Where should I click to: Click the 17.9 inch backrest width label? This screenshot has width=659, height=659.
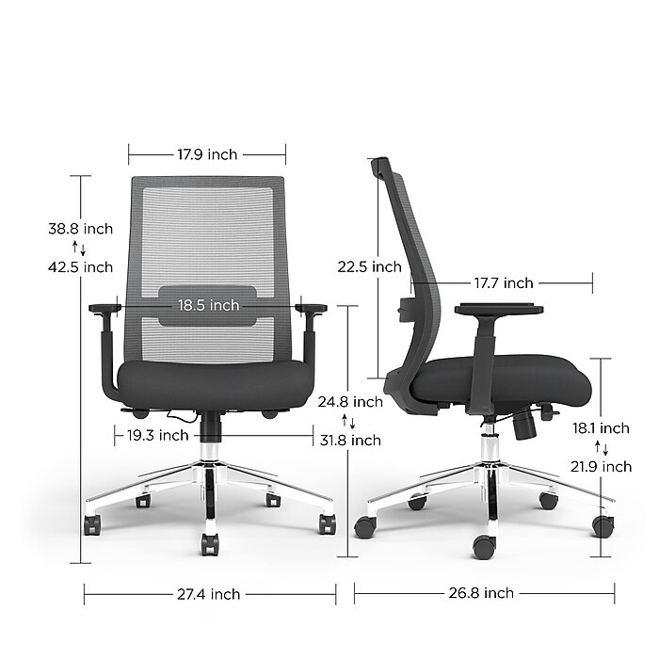tap(207, 154)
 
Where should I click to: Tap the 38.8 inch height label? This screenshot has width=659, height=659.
tap(80, 229)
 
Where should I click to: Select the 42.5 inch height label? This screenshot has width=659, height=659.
tap(80, 267)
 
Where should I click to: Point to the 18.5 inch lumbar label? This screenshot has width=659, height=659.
tap(208, 305)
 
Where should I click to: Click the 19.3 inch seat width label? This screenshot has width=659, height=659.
tap(157, 435)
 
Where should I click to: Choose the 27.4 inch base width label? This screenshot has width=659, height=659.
tap(208, 594)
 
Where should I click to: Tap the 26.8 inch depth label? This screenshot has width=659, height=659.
tap(481, 593)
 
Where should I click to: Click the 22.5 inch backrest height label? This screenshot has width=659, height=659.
tap(369, 266)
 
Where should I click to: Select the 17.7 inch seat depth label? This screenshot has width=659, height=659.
tap(504, 283)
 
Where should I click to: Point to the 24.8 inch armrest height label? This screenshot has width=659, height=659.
tap(350, 402)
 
